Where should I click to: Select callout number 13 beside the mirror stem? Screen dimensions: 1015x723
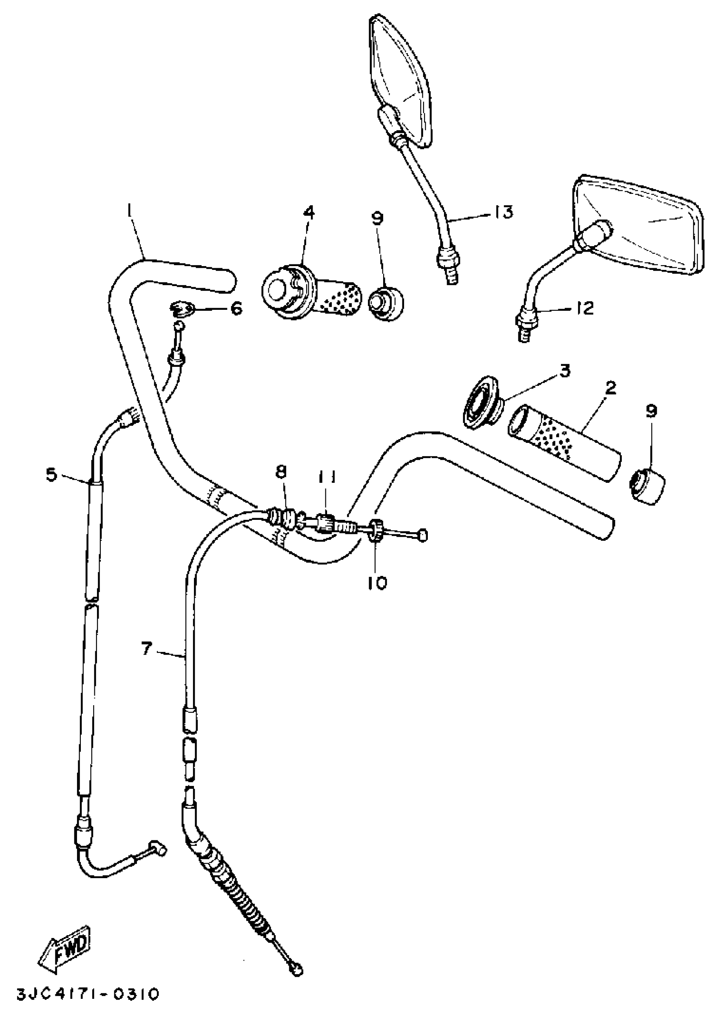[503, 212]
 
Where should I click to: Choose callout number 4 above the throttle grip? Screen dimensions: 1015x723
[308, 212]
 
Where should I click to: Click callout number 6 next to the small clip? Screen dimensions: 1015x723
[236, 308]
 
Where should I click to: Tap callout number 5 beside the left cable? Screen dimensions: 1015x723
[52, 475]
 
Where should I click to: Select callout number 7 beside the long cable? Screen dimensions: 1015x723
[146, 649]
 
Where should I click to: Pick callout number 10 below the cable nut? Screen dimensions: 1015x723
[378, 583]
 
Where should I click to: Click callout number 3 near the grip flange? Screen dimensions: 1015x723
[564, 371]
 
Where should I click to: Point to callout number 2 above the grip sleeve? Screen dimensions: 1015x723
[610, 388]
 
